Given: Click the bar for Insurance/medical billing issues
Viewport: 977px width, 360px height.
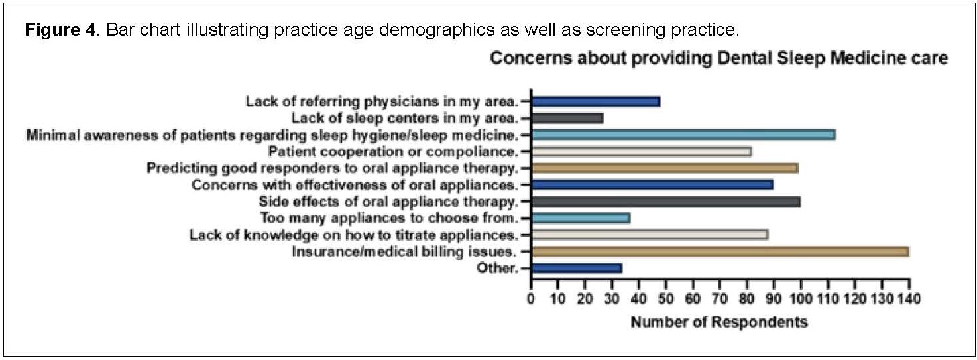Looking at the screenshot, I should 719,252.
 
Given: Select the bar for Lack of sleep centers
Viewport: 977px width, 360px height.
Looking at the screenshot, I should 567,119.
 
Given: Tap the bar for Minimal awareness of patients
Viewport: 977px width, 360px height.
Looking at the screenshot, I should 683,135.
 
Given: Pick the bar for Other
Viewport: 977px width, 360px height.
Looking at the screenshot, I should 576,269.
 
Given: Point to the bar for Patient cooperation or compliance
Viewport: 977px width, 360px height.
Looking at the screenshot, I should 641,152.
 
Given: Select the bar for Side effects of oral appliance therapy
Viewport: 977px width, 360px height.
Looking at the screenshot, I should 665,202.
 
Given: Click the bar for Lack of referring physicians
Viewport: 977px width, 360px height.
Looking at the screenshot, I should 595,102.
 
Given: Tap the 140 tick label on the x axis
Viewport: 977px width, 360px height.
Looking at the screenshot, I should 908,299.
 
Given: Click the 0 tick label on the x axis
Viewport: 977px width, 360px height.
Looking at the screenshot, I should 531,299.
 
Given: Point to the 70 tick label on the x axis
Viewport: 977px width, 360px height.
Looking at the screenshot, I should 720,299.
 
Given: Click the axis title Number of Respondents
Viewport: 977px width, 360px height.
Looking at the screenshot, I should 719,323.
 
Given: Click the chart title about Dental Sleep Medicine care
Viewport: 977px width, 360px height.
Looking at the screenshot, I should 719,59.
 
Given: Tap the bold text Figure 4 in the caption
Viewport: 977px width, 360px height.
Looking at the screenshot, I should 60,31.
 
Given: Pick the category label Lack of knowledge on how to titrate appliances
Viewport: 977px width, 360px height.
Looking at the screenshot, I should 355,235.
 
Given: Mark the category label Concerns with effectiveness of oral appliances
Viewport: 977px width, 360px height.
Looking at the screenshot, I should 355,185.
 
